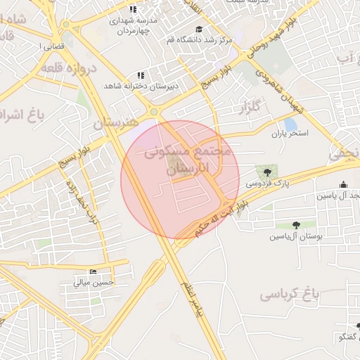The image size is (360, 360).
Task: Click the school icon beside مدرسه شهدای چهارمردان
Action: [132, 11]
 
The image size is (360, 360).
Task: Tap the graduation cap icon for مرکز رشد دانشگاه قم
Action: [199, 29]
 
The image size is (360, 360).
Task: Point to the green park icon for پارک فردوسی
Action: [266, 171]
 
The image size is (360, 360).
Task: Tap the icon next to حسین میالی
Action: [93, 272]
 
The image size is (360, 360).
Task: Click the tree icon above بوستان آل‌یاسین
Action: [295, 225]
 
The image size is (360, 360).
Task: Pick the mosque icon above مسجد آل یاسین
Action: [343, 186]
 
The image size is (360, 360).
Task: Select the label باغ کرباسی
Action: [289, 293]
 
